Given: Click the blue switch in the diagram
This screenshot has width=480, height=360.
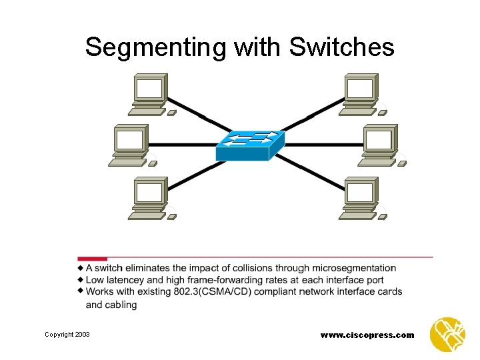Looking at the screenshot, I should point(250,145).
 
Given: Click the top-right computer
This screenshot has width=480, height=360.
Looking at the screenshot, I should point(361,94).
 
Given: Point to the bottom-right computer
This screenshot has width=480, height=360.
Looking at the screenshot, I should point(361,197).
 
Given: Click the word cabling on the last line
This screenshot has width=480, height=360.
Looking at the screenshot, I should point(121,305).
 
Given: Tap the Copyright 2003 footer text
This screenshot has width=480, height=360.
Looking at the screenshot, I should point(67,334).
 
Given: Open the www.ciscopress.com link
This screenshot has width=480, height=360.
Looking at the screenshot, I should point(367,335).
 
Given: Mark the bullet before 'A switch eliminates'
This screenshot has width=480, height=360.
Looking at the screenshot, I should point(81,268).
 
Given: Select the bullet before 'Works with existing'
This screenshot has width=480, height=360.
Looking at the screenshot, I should point(81,291).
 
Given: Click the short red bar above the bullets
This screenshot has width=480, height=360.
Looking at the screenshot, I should point(92,259).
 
